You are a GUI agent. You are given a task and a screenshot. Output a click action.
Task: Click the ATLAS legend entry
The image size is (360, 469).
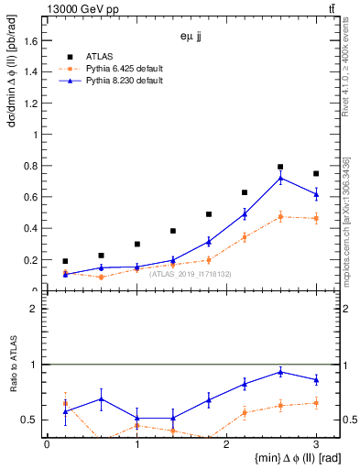101,55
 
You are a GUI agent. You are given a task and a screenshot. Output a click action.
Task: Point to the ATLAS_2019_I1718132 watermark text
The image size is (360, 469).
191,273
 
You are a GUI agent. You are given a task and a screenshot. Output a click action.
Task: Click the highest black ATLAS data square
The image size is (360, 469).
280,167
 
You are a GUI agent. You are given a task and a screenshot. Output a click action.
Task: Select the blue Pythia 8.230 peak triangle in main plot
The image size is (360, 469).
280,178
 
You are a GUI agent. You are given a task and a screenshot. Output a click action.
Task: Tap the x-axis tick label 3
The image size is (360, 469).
316,443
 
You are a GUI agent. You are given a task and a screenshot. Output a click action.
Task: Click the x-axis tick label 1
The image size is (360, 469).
136,443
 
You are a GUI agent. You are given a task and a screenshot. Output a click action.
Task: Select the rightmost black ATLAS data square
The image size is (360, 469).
316,173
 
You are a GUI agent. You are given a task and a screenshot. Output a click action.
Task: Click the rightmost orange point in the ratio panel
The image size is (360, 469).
316,403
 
